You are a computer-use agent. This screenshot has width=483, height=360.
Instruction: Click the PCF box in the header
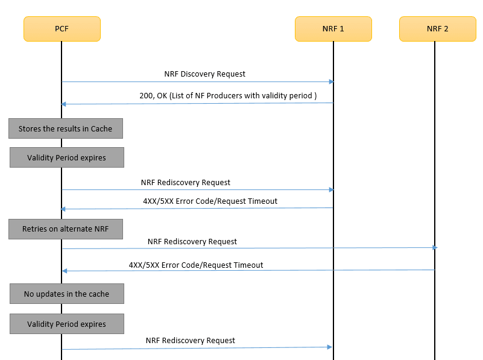coord(62,28)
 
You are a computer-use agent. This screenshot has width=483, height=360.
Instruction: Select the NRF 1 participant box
coord(333,28)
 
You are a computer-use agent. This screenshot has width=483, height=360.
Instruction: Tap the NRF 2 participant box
coord(434,28)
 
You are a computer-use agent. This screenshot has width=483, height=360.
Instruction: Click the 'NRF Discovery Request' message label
coord(204,74)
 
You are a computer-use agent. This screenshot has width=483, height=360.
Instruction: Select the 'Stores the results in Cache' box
coord(65,128)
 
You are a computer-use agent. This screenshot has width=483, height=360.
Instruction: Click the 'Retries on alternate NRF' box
coord(65,229)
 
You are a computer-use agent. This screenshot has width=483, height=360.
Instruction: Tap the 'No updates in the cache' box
coord(66,294)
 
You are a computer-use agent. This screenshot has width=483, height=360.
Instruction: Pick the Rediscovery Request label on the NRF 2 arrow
coord(192,241)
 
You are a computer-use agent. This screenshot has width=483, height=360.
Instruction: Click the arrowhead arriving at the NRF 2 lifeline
coord(434,247)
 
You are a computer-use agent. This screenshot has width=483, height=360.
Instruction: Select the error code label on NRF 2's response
coord(195,265)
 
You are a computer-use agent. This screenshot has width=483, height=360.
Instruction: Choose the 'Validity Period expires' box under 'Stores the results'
coord(66,157)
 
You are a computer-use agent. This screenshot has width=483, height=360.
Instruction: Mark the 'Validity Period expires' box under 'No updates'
coord(66,324)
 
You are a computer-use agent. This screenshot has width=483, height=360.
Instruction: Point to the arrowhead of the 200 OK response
coord(64,104)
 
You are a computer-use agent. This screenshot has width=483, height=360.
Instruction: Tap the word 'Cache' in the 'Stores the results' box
coord(101,128)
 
